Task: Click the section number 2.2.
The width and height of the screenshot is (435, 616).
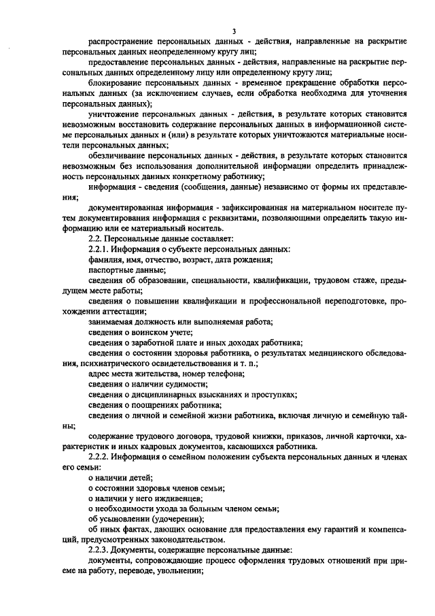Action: click(96, 238)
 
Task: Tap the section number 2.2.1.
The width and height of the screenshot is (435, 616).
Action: click(99, 249)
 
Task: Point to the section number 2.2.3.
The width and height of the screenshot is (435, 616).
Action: click(99, 549)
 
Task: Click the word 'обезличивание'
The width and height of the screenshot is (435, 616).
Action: click(117, 155)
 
